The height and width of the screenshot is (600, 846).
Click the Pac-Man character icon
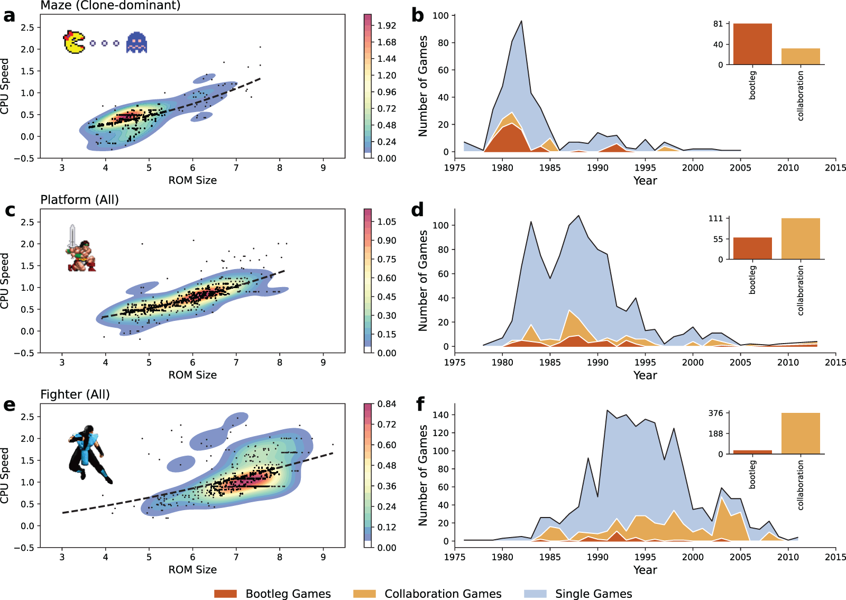[x=74, y=42]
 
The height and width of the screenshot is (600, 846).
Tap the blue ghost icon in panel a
[x=136, y=43]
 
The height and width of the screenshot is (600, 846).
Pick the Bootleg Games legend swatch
[x=225, y=594]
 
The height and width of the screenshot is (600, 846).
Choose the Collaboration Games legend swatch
[x=364, y=594]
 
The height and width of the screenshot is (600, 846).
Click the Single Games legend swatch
[x=535, y=594]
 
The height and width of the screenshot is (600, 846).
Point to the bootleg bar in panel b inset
[x=752, y=44]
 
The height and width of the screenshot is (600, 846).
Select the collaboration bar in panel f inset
[x=801, y=433]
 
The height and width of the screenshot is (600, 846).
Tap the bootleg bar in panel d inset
[x=752, y=248]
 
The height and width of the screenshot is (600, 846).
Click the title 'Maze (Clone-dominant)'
[x=111, y=5]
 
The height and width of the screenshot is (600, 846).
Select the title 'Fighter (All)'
[x=75, y=394]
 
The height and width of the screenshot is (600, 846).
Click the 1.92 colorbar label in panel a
[x=387, y=25]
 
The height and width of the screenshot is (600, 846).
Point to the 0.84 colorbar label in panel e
[x=387, y=404]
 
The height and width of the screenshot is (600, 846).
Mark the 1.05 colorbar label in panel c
[x=387, y=221]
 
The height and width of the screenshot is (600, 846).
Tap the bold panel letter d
[x=418, y=210]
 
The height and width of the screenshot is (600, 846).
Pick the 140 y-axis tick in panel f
[x=441, y=414]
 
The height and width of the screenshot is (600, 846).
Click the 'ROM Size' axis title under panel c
[x=192, y=375]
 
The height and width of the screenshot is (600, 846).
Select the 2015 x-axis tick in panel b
[x=835, y=168]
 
